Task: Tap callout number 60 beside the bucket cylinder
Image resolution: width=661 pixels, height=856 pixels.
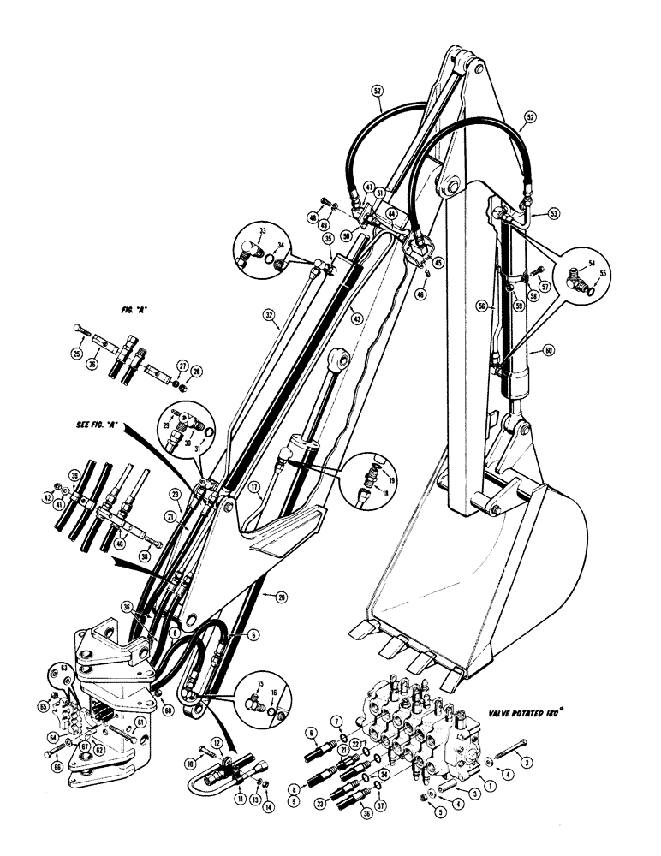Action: coord(537,350)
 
